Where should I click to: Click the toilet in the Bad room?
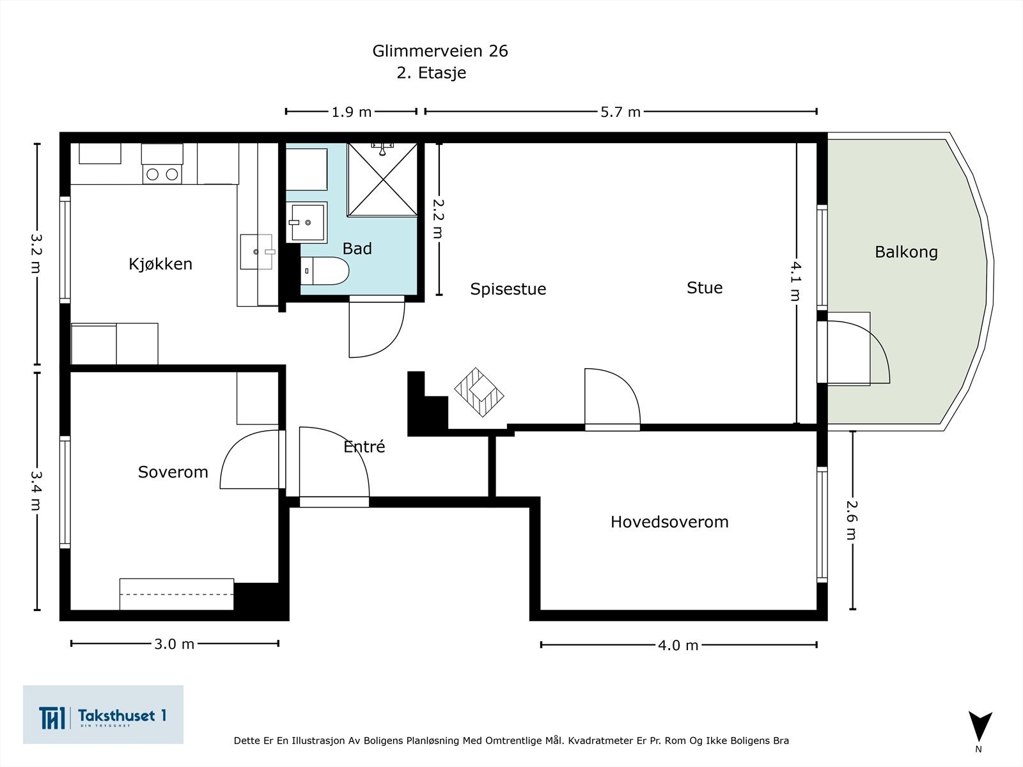tap(325, 271)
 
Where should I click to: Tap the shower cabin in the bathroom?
tap(382, 180)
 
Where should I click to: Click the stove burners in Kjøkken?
tap(162, 173)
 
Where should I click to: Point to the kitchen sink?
tap(257, 252)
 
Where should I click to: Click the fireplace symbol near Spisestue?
tap(479, 392)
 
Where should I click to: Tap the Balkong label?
tap(906, 252)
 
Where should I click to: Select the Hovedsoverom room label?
tap(669, 522)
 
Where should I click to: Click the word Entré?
tap(364, 447)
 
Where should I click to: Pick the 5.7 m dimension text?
tap(620, 112)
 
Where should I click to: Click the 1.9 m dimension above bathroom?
tap(351, 112)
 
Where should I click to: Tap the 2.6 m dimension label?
tap(851, 519)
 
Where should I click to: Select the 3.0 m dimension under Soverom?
tap(174, 644)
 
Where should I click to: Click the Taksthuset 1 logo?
tap(103, 715)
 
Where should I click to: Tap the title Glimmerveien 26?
tap(440, 51)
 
